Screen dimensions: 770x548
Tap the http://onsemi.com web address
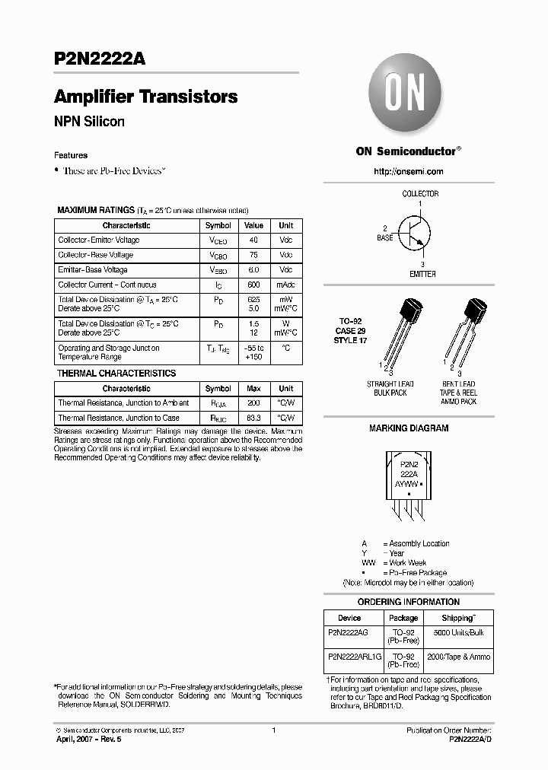pyautogui.click(x=408, y=172)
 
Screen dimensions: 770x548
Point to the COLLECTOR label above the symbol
pyautogui.click(x=420, y=194)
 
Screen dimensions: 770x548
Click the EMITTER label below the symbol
pyautogui.click(x=422, y=274)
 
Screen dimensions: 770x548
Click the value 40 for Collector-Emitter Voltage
pyautogui.click(x=253, y=240)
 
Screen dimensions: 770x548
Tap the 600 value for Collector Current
pyautogui.click(x=253, y=285)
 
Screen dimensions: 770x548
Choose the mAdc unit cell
pyautogui.click(x=285, y=285)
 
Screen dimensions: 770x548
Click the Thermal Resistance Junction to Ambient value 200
pyautogui.click(x=253, y=403)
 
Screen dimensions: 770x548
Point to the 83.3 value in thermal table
pyautogui.click(x=253, y=418)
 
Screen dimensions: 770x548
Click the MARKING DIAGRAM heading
pyautogui.click(x=409, y=428)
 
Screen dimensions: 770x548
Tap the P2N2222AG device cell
pyautogui.click(x=349, y=633)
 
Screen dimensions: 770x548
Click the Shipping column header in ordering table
pyautogui.click(x=458, y=619)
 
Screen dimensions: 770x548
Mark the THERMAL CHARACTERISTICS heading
pyautogui.click(x=116, y=374)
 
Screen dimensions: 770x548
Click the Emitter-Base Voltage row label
pyautogui.click(x=93, y=270)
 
